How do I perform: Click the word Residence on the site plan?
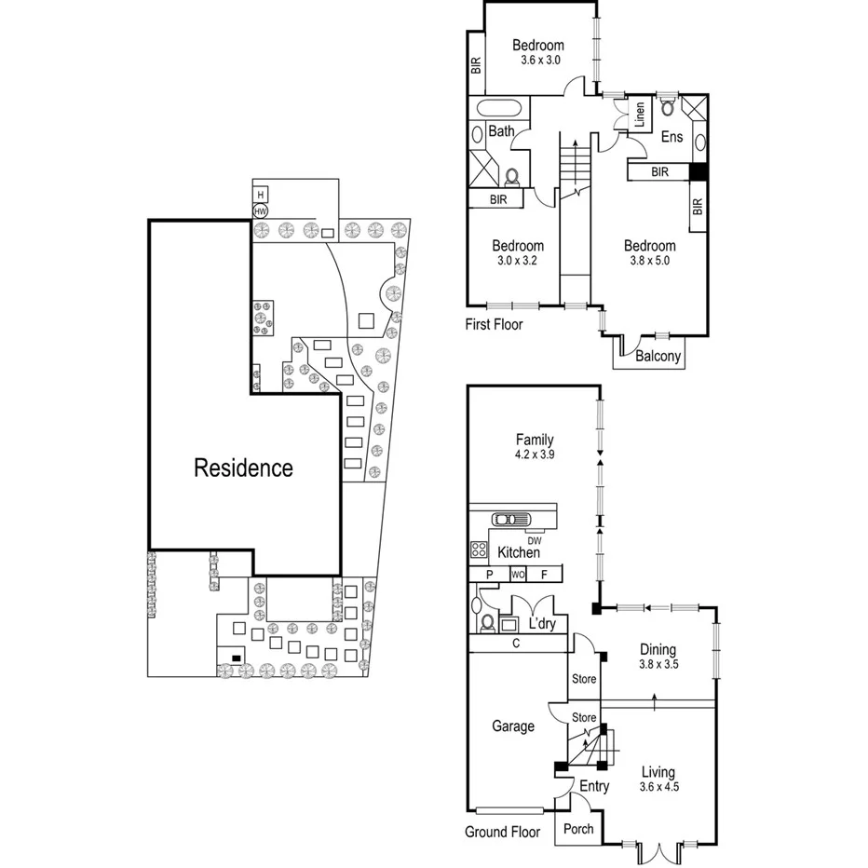(x=243, y=468)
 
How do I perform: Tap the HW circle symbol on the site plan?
(x=261, y=211)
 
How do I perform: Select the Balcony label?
(x=658, y=356)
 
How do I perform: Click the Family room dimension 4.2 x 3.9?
(x=535, y=456)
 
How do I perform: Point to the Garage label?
(x=512, y=726)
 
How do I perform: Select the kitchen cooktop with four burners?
(x=480, y=549)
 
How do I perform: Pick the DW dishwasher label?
(x=534, y=539)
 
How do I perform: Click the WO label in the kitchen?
(x=518, y=575)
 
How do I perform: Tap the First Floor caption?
(x=494, y=325)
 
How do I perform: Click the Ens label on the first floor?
(x=671, y=137)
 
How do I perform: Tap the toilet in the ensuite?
(x=668, y=106)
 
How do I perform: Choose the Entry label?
(x=594, y=787)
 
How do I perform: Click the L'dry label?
(x=541, y=623)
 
